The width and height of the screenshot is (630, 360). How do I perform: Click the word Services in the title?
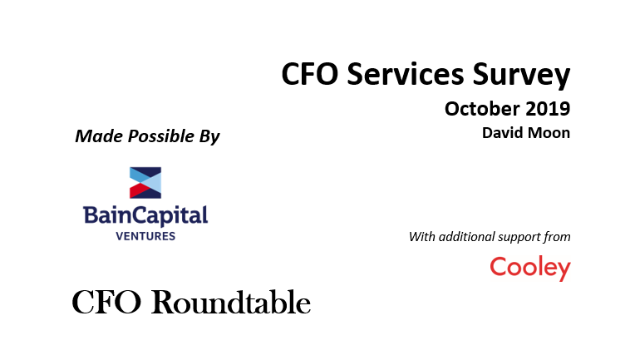pyautogui.click(x=406, y=74)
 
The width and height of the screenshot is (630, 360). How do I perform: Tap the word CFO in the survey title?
pyautogui.click(x=310, y=74)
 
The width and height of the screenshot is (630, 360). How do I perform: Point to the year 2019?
pyautogui.click(x=548, y=109)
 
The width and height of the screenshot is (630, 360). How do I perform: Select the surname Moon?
pyautogui.click(x=551, y=133)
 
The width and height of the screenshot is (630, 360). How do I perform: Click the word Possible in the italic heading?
pyautogui.click(x=161, y=136)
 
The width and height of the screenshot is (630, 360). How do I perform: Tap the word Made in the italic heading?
pyautogui.click(x=99, y=136)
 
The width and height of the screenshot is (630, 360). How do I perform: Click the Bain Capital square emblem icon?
pyautogui.click(x=145, y=183)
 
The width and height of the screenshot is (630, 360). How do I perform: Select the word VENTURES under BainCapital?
pyautogui.click(x=145, y=236)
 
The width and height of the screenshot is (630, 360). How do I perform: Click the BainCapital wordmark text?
pyautogui.click(x=145, y=216)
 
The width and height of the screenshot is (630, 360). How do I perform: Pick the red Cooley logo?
pyautogui.click(x=530, y=268)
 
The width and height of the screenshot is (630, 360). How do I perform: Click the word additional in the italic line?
pyautogui.click(x=465, y=237)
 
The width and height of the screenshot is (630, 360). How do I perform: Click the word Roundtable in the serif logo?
pyautogui.click(x=230, y=302)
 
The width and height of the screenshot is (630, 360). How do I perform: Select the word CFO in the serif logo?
pyautogui.click(x=106, y=302)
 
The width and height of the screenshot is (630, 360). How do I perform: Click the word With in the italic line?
pyautogui.click(x=422, y=237)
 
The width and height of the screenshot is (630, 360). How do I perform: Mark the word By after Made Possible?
pyautogui.click(x=209, y=137)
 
